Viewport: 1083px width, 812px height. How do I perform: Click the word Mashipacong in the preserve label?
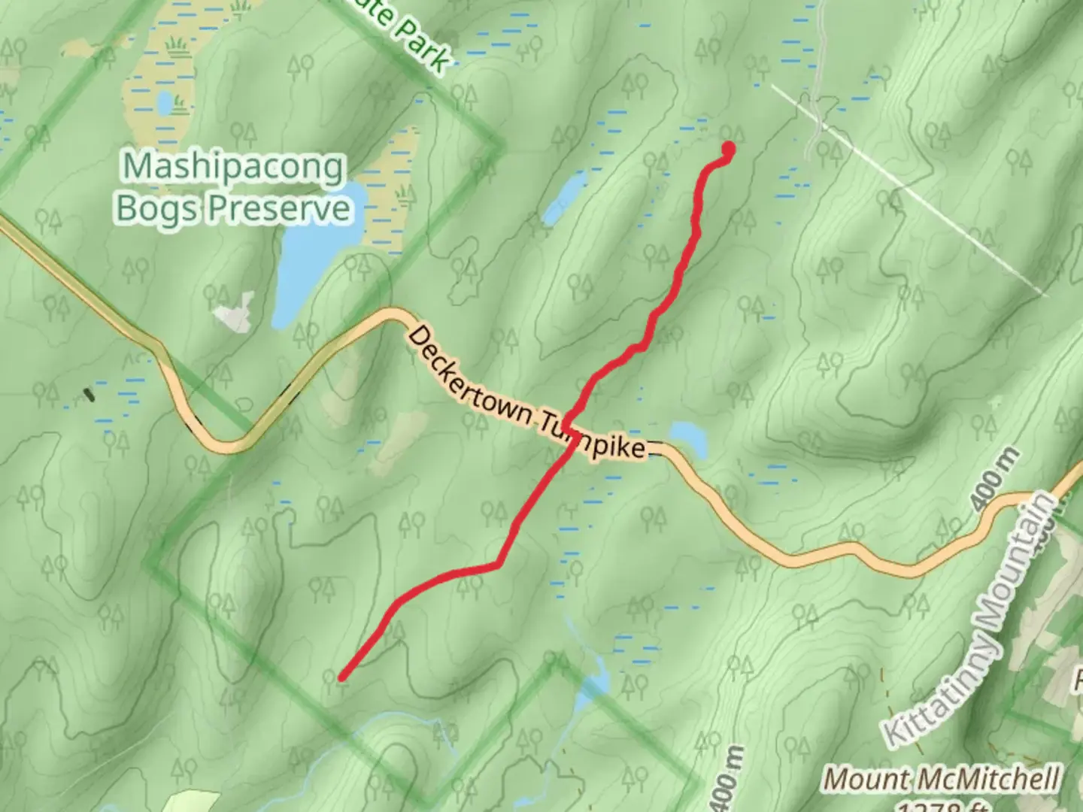234,168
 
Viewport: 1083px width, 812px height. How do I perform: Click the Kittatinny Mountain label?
970,620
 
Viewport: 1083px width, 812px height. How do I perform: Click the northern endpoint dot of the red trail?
728,149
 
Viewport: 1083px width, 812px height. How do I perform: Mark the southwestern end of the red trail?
342,677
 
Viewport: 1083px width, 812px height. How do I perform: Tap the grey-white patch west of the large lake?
236,313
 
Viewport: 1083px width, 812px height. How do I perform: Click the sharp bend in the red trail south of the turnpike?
497,564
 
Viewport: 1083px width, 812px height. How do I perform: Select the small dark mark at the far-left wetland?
89,394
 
